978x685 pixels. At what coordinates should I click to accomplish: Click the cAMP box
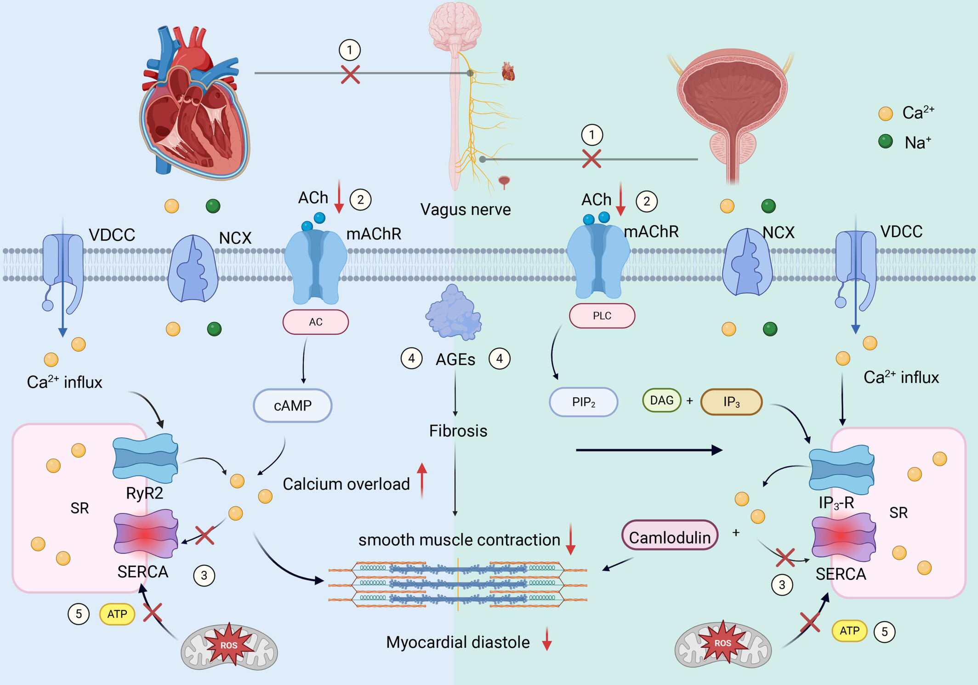[x=292, y=405]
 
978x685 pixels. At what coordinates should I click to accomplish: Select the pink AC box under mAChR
[x=315, y=322]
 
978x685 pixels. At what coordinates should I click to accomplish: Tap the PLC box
[x=602, y=316]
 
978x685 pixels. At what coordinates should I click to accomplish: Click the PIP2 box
[x=584, y=402]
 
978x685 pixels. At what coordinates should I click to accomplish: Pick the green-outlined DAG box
[x=662, y=400]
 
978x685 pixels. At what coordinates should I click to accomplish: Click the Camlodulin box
[x=670, y=536]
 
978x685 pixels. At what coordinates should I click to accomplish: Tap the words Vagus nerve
[x=466, y=210]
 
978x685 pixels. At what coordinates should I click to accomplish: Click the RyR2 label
[x=144, y=493]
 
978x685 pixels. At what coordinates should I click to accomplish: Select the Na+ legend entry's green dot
[x=885, y=141]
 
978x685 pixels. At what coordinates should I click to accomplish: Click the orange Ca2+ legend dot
[x=885, y=114]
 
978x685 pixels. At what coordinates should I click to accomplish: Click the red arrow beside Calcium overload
[x=422, y=480]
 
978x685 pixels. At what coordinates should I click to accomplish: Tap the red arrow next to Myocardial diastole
[x=546, y=639]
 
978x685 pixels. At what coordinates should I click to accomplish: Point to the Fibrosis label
[x=458, y=431]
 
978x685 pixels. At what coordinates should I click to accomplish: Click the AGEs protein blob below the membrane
[x=454, y=312]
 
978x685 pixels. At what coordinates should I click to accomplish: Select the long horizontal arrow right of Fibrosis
[x=649, y=450]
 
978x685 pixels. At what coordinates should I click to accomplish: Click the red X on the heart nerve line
[x=350, y=74]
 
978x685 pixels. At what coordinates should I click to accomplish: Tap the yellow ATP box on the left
[x=117, y=614]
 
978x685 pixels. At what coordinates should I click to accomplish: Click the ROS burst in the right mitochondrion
[x=723, y=643]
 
